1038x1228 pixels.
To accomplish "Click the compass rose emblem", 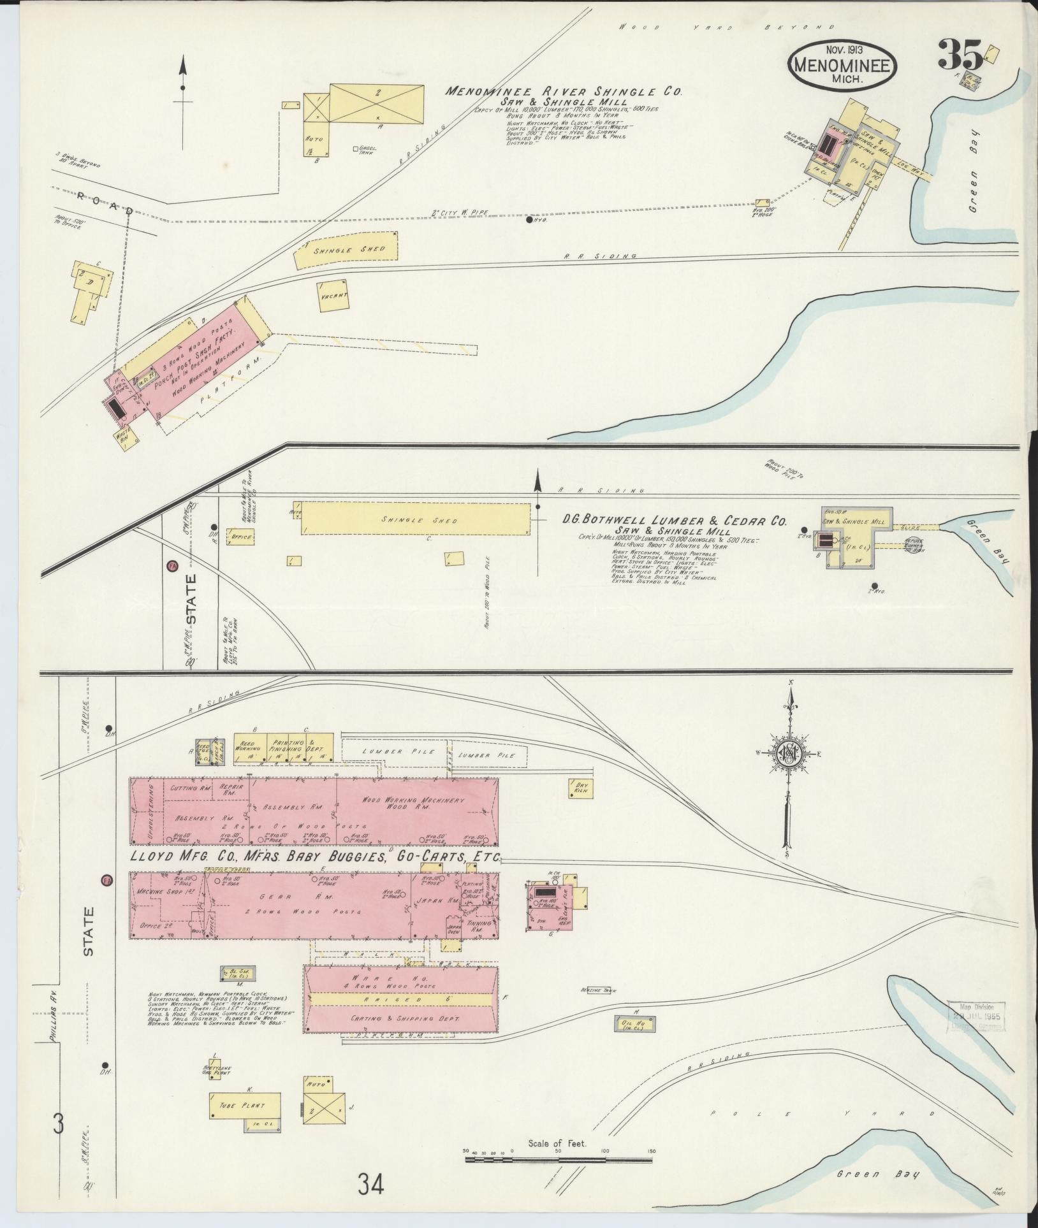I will [789, 755].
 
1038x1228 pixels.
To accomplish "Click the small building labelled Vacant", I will [333, 296].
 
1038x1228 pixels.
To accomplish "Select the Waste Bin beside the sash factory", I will [124, 440].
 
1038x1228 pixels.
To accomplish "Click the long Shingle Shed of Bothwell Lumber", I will [415, 520].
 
